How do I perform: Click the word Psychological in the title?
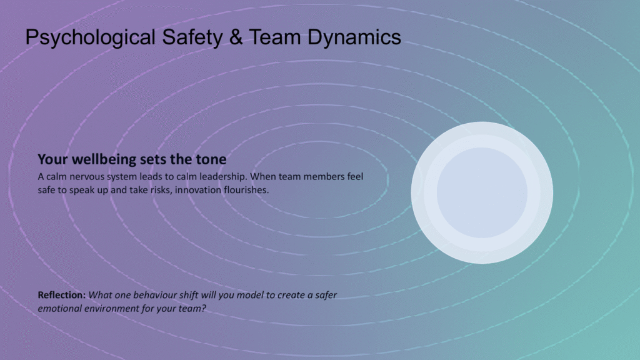pyautogui.click(x=90, y=37)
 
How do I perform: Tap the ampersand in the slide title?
pyautogui.click(x=236, y=37)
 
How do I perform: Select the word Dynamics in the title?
pyautogui.click(x=354, y=37)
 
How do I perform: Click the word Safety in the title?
pyautogui.click(x=192, y=37)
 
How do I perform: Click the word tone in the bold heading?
pyautogui.click(x=211, y=159)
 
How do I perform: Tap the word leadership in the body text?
pyautogui.click(x=222, y=177)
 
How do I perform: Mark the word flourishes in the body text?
pyautogui.click(x=246, y=190)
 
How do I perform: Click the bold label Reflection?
pyautogui.click(x=62, y=295)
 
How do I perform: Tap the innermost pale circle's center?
pyautogui.click(x=482, y=192)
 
